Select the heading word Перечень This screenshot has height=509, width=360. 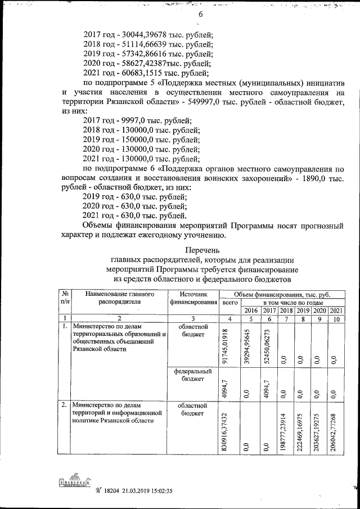point(202,250)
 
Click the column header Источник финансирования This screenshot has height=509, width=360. point(193,298)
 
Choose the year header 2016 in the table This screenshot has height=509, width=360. point(251,310)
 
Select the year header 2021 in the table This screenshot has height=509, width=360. point(337,310)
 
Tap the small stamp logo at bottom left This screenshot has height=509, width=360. point(73,483)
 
